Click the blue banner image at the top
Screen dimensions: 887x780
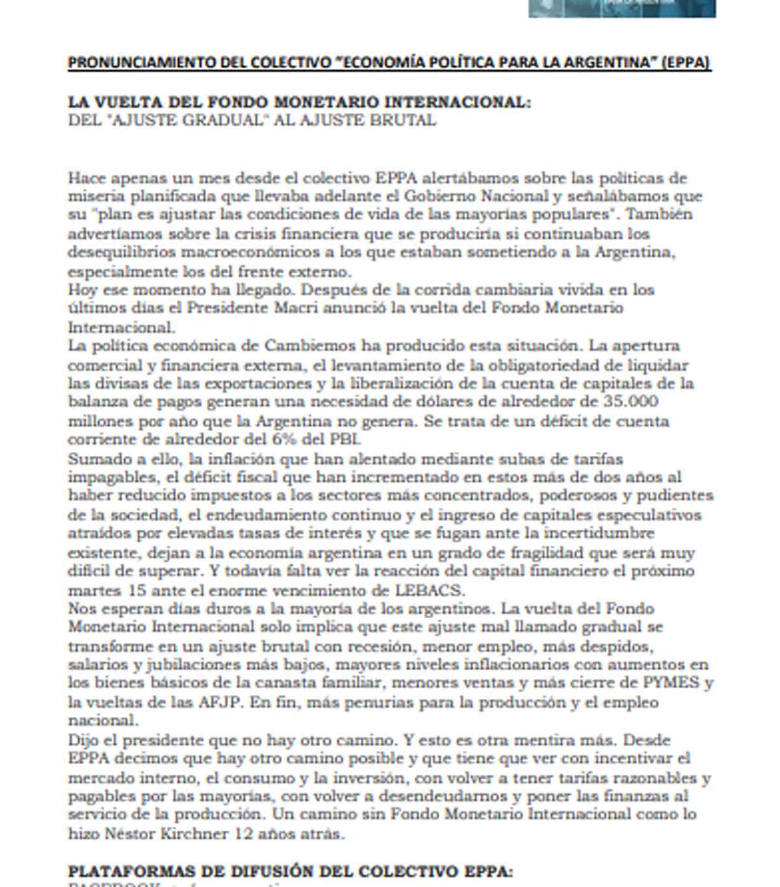coord(621,8)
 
